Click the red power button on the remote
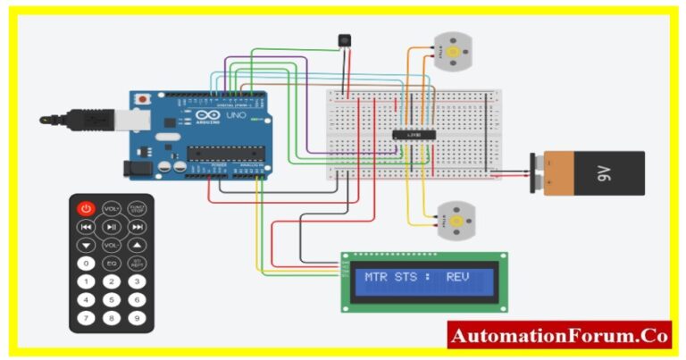[x=86, y=208]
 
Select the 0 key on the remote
[x=86, y=264]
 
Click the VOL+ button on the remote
[x=111, y=208]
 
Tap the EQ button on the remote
[x=111, y=264]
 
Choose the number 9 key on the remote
[x=137, y=317]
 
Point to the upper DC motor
[x=452, y=52]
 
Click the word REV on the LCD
[x=458, y=277]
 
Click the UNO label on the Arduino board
[x=236, y=116]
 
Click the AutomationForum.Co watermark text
[x=558, y=336]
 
